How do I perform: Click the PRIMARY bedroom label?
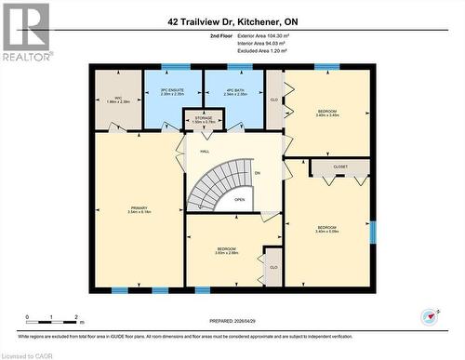pos(139,210)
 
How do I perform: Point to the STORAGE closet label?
pos(203,119)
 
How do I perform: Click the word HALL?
pos(205,151)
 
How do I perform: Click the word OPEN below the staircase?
pos(239,199)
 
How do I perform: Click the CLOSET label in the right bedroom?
pos(339,168)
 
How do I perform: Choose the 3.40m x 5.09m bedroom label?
pos(325,229)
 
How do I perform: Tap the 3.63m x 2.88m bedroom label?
pos(226,251)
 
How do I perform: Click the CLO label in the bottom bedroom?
pos(273,267)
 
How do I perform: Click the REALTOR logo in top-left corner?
pos(25,30)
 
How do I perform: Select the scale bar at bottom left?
pos(53,319)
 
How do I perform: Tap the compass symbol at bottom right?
pos(429,317)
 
